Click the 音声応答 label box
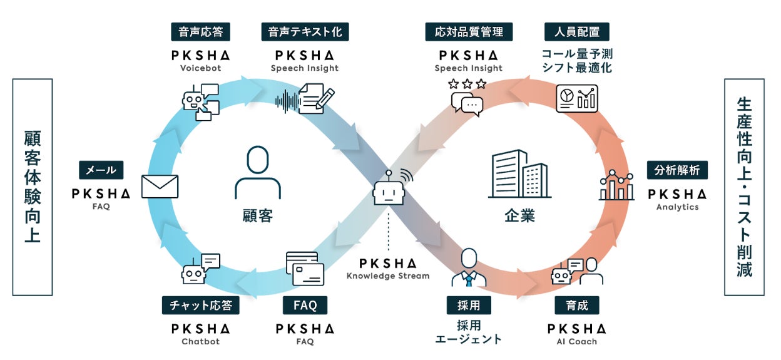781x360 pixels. point(201,31)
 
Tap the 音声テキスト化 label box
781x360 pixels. point(305,31)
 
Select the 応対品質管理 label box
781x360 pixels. point(469,31)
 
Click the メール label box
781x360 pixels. point(101,170)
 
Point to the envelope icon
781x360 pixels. point(160,186)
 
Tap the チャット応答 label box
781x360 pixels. point(200,306)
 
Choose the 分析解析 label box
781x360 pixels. point(678,170)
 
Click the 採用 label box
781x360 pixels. point(468,306)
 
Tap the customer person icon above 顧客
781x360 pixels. point(257,172)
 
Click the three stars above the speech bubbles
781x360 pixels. point(467,83)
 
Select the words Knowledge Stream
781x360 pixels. point(389,275)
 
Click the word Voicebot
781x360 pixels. point(201,68)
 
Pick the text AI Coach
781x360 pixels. point(577,342)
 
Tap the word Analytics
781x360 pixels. point(678,207)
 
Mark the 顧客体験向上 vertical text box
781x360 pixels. point(33,187)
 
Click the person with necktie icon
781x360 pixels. point(469,267)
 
